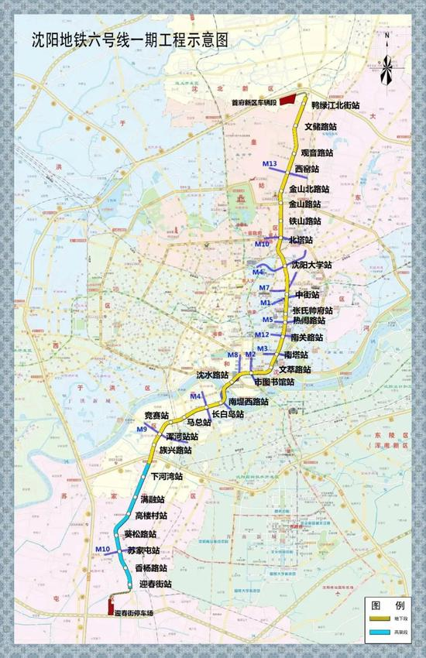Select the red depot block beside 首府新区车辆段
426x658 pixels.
284,99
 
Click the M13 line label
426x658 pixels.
270,163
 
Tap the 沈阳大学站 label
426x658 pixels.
311,265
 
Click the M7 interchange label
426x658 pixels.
265,288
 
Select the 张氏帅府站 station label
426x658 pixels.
312,310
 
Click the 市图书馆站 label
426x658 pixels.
274,382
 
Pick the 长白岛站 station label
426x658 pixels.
225,414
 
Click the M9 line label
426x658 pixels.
142,430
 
